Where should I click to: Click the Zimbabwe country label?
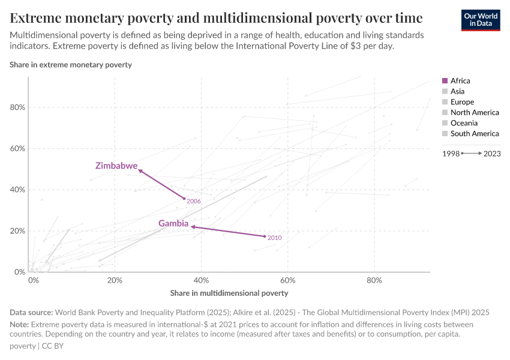coord(116,166)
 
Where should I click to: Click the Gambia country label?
coord(173,224)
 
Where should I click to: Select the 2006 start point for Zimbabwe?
coord(184,199)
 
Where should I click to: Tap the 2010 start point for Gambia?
coord(265,236)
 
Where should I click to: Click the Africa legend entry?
coord(460,81)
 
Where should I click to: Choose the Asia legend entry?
coord(457,91)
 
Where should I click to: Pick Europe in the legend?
coord(462,102)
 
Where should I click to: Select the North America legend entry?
coord(474,113)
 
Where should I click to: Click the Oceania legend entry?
coord(464,123)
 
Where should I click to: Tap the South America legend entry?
coord(474,134)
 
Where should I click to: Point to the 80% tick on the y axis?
coord(17,107)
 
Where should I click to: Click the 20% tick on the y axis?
coord(17,231)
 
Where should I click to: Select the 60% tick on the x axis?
coord(288,280)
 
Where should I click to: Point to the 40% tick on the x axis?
coord(202,280)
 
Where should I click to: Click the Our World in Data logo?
coord(481,19)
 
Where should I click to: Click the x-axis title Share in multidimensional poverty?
coord(229,293)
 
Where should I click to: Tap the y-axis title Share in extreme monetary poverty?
coord(71,64)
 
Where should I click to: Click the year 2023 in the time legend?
coord(492,154)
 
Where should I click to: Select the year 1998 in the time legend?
coord(451,154)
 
